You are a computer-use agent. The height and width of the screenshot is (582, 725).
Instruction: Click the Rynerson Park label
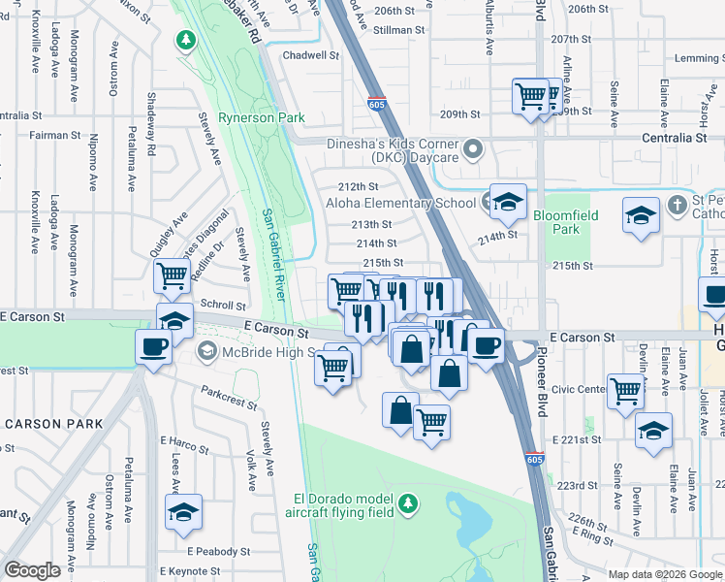(x=261, y=118)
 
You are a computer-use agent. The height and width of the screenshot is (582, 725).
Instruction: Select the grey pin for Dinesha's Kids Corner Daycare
(x=472, y=148)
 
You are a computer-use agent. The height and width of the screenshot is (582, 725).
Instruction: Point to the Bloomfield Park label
(x=564, y=222)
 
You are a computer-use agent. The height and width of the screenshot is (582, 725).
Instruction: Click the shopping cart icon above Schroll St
(x=172, y=275)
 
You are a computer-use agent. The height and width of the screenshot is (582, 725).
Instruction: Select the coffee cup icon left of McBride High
(x=155, y=345)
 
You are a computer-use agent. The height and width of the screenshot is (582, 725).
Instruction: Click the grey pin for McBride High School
(x=206, y=349)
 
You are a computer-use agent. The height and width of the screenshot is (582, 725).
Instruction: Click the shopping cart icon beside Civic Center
(x=626, y=390)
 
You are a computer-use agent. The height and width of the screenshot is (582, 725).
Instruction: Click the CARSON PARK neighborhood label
(x=52, y=424)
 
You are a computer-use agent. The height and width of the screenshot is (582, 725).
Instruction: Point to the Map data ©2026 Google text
(x=664, y=573)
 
